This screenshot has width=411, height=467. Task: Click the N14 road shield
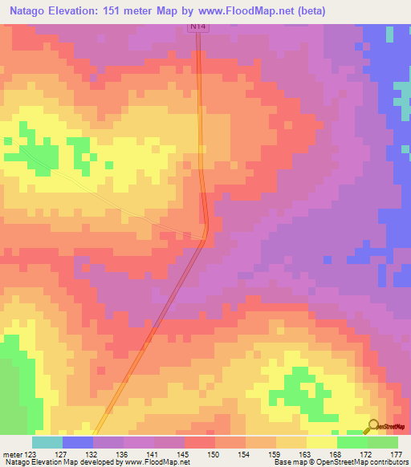tap(197, 26)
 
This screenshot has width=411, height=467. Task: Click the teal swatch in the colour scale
tap(47, 442)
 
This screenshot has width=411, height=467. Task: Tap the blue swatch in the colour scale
tap(78, 442)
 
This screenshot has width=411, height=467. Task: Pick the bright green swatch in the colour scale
tap(352, 442)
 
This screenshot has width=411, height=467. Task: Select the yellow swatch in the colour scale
tap(322, 442)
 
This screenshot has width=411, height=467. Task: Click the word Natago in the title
tap(33, 10)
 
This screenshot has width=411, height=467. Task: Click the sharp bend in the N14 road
tap(206, 233)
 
